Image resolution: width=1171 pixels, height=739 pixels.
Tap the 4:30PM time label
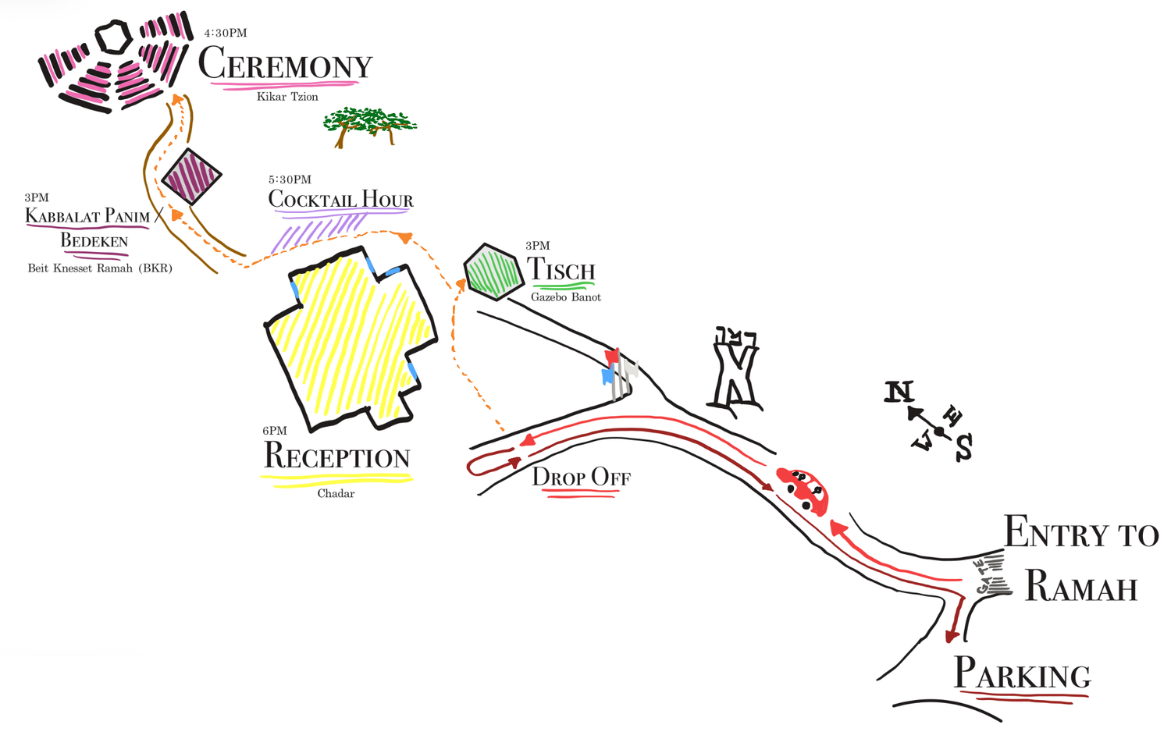(226, 33)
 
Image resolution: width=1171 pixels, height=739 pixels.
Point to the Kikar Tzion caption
(287, 97)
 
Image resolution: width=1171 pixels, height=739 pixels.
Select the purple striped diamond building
(191, 176)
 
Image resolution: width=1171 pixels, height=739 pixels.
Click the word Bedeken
(94, 240)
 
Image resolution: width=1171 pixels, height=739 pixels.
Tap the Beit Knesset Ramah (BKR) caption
(100, 268)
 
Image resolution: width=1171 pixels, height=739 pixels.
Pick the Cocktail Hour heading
(340, 199)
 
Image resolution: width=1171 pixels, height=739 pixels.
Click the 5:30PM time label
(290, 179)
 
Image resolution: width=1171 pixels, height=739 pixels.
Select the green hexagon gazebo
(493, 272)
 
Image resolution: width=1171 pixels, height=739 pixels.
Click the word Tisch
(561, 269)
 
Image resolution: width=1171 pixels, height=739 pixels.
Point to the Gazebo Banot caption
(566, 297)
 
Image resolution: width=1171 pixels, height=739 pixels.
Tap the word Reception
(336, 456)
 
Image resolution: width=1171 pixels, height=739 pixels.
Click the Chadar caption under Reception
(336, 493)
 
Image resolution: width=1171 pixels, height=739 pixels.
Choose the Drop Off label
(582, 477)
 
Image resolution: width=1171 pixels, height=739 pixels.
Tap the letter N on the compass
(899, 392)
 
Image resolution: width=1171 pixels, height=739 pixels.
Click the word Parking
(1022, 673)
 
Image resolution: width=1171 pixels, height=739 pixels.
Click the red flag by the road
(612, 357)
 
